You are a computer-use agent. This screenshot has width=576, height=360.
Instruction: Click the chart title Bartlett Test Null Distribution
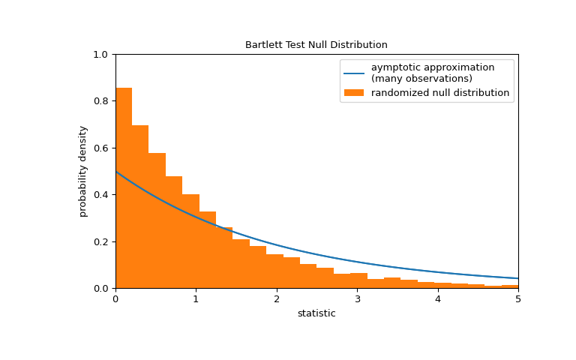pyautogui.click(x=316, y=45)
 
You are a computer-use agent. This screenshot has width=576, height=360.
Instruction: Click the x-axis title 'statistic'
pyautogui.click(x=316, y=313)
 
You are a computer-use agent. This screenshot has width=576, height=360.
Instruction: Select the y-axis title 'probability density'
pyautogui.click(x=83, y=171)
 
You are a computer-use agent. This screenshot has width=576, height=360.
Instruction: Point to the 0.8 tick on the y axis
pyautogui.click(x=101, y=101)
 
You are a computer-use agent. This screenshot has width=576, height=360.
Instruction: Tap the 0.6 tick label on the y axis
pyautogui.click(x=101, y=148)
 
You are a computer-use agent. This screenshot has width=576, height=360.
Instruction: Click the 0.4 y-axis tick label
pyautogui.click(x=101, y=195)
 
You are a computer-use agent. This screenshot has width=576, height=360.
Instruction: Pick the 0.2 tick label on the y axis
pyautogui.click(x=101, y=242)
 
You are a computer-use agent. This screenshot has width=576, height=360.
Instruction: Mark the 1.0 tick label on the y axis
pyautogui.click(x=101, y=55)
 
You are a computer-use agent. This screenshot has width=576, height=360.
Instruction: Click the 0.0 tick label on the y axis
pyautogui.click(x=101, y=289)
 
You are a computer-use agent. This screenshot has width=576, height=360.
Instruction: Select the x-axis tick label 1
pyautogui.click(x=196, y=299)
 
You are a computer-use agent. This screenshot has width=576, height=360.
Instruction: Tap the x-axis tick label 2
pyautogui.click(x=276, y=299)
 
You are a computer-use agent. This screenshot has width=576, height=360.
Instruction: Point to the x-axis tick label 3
pyautogui.click(x=357, y=299)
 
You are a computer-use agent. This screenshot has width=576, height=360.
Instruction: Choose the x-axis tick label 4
pyautogui.click(x=437, y=299)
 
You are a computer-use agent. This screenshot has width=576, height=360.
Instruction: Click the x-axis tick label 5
pyautogui.click(x=517, y=299)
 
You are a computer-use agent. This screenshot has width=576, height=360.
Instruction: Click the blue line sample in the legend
pyautogui.click(x=354, y=73)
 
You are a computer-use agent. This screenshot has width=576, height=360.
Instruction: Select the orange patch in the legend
pyautogui.click(x=354, y=93)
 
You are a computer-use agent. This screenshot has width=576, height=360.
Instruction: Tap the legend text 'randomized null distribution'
pyautogui.click(x=439, y=93)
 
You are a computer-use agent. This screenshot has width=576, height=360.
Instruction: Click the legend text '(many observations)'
pyautogui.click(x=421, y=79)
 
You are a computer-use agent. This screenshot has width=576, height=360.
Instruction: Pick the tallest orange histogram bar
pyautogui.click(x=124, y=187)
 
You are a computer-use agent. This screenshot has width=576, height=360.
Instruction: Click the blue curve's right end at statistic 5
pyautogui.click(x=517, y=278)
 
